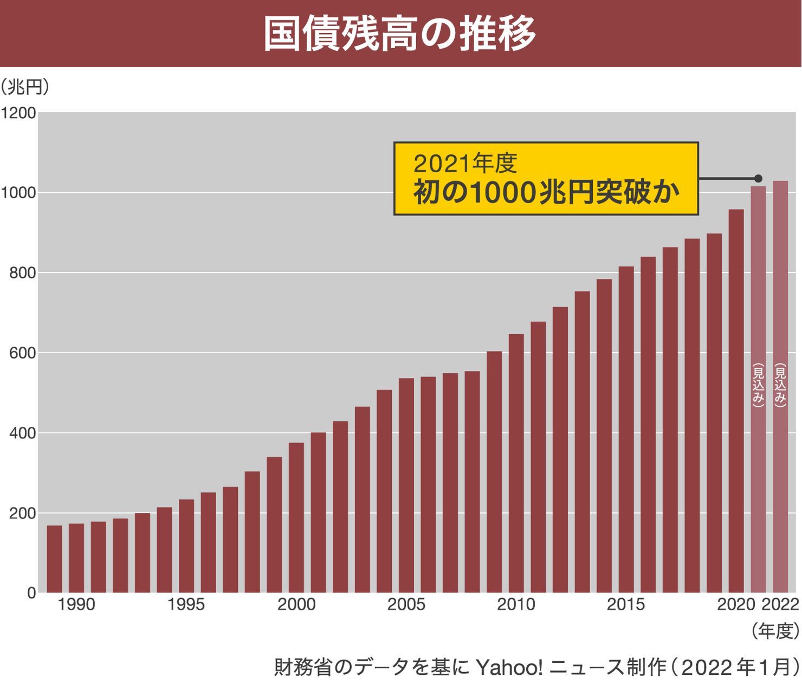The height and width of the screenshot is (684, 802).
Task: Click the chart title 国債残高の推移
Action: click(x=400, y=34)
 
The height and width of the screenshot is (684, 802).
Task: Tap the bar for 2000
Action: click(x=296, y=517)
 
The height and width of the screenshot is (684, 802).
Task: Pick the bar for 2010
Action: click(x=516, y=463)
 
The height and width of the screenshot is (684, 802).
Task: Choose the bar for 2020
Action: click(x=736, y=401)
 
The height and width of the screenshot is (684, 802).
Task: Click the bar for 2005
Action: click(x=406, y=485)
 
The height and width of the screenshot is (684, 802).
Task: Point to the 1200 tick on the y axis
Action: click(x=18, y=113)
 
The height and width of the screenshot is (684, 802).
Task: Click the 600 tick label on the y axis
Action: click(x=22, y=353)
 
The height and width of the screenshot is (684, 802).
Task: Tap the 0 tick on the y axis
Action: click(x=31, y=594)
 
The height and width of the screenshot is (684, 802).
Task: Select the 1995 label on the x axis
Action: click(x=186, y=605)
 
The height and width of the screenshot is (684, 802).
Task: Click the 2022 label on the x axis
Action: click(x=780, y=605)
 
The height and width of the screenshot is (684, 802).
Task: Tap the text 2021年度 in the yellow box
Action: click(x=465, y=162)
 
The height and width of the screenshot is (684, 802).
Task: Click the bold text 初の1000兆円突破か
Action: click(x=546, y=192)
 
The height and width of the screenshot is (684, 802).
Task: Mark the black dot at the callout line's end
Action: click(x=758, y=178)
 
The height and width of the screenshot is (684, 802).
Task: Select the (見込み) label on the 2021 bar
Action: click(x=758, y=385)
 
